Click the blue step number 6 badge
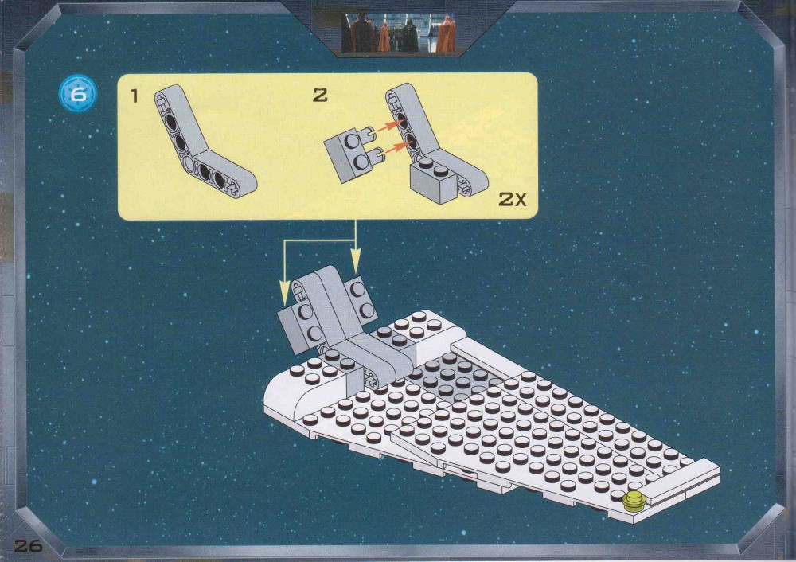(78, 94)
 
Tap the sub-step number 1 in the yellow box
(134, 96)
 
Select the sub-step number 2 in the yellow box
(320, 95)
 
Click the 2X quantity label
(512, 199)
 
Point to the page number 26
(29, 546)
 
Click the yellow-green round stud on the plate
(634, 501)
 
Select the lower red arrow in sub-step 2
(396, 148)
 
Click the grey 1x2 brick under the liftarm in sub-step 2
(435, 180)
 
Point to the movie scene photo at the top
(398, 33)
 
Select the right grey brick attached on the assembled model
(361, 299)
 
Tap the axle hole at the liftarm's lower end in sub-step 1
(231, 190)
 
